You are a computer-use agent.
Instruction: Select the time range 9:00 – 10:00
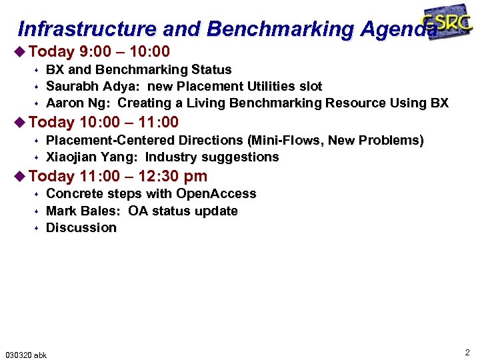124,51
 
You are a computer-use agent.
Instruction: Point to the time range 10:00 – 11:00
129,122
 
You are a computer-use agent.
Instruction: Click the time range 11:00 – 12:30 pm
143,176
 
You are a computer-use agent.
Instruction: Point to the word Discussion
81,227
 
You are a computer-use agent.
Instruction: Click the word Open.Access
216,193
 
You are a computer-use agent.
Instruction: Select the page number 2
467,352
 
